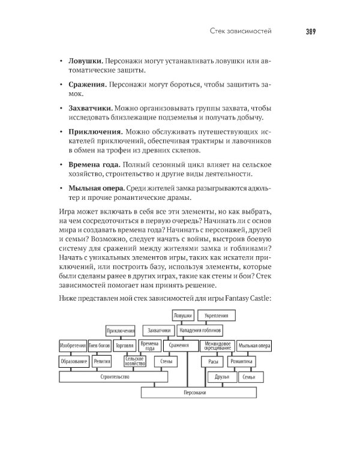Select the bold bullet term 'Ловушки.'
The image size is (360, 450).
point(85,62)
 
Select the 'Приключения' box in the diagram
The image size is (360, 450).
point(121,330)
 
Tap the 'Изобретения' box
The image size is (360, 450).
point(74,346)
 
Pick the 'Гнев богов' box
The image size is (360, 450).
point(100,346)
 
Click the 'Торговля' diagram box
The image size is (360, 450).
point(124,346)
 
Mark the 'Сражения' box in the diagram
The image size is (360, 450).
point(178,346)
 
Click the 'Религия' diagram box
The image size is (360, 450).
point(102,361)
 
